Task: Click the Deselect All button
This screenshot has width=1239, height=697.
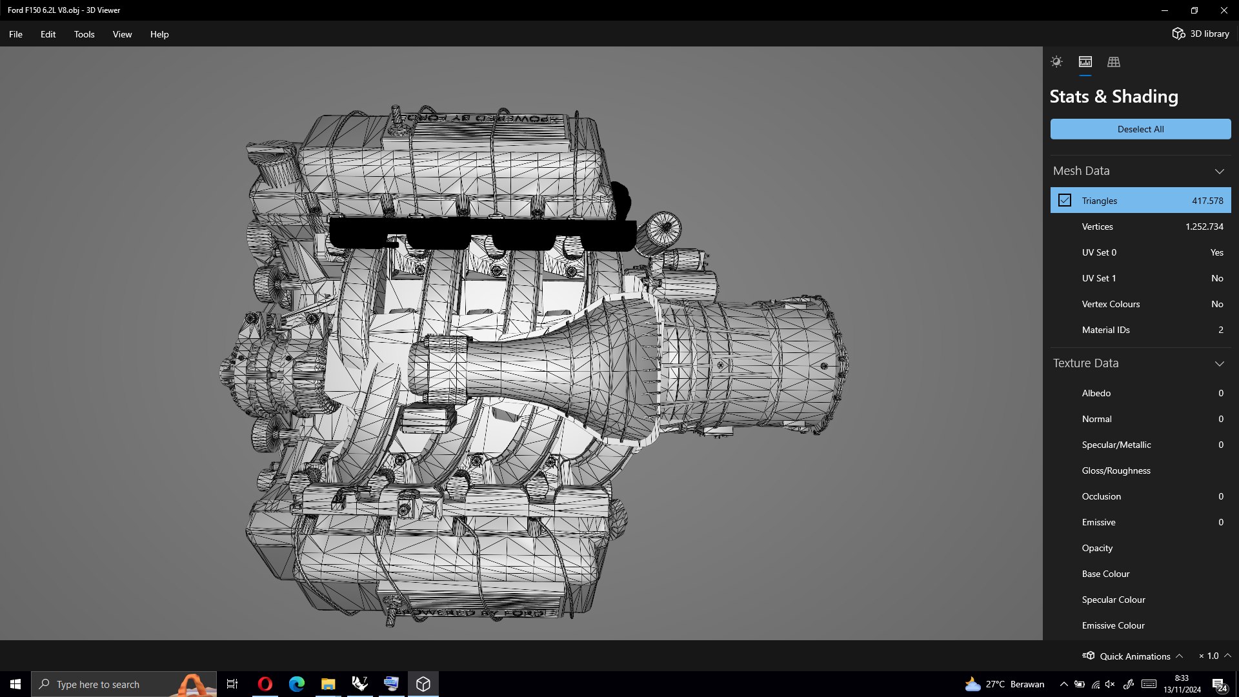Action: [1140, 129]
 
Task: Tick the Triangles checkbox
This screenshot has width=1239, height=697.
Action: [1065, 201]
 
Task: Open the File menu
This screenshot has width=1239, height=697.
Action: [15, 34]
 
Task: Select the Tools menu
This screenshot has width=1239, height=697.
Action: [84, 34]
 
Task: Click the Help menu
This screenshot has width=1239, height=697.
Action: [159, 34]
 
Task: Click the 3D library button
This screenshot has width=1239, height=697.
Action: [1201, 34]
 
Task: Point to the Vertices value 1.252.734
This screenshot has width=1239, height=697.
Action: [1204, 227]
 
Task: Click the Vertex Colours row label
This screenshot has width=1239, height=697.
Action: [1111, 304]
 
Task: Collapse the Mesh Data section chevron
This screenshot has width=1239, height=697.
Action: [1219, 171]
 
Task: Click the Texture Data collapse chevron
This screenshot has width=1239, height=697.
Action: [1219, 363]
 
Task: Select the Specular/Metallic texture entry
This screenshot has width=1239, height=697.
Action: [1116, 445]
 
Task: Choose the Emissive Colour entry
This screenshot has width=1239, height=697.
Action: [1113, 625]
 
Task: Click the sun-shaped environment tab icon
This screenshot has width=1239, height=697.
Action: [1056, 62]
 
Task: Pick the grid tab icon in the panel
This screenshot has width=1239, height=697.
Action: [1114, 62]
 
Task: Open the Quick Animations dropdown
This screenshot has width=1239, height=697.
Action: [1134, 656]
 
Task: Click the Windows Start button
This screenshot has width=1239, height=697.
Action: [15, 684]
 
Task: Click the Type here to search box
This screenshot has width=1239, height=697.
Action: [103, 684]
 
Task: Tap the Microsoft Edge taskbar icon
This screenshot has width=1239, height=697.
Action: [296, 684]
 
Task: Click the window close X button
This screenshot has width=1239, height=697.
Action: [1224, 10]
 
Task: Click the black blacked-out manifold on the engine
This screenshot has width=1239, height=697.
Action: [484, 232]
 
